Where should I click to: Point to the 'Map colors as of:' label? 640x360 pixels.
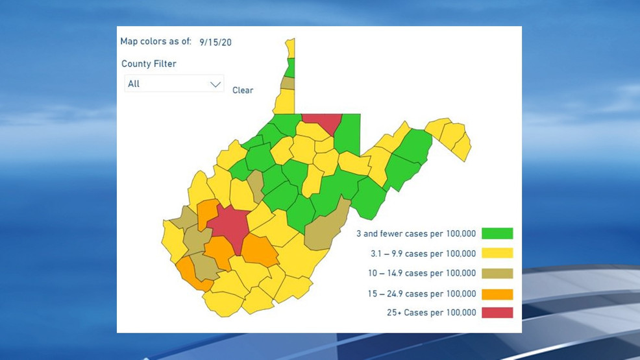(x=156, y=42)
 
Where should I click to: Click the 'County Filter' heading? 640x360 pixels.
(x=149, y=64)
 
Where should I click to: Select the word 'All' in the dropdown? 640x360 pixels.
(x=134, y=84)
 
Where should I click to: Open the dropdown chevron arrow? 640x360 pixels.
(x=215, y=84)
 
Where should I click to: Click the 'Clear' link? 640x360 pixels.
(x=243, y=90)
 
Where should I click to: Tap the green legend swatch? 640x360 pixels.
(x=497, y=234)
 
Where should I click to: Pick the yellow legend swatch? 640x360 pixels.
(x=497, y=253)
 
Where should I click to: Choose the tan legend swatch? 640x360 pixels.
(x=497, y=273)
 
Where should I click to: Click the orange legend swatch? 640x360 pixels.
(x=497, y=293)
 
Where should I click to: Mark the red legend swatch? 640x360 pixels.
(x=497, y=313)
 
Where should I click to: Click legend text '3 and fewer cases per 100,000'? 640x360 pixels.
(x=416, y=234)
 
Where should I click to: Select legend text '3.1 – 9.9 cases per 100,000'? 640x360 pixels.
(x=421, y=254)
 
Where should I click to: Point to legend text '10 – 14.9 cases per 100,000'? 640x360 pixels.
(x=421, y=273)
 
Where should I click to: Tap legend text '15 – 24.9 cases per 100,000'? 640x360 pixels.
(x=421, y=293)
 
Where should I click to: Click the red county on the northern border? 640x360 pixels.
(x=321, y=123)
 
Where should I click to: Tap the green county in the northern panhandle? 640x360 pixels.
(x=290, y=67)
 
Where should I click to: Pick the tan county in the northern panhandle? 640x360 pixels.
(x=288, y=83)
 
